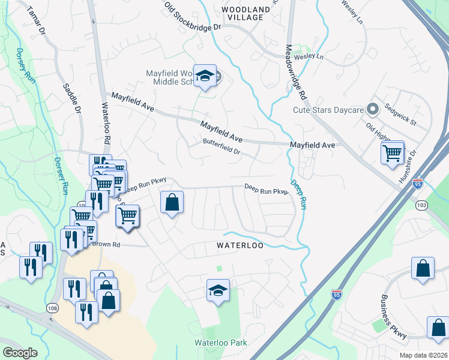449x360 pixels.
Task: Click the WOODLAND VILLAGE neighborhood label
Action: point(246,14)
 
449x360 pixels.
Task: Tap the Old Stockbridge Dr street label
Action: point(193,17)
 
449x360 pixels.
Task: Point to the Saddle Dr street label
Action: point(71,97)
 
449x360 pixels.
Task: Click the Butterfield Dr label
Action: point(221,147)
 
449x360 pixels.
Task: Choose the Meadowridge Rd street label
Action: point(296,73)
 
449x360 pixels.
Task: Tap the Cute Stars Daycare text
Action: point(328,110)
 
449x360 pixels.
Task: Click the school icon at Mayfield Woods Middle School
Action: point(205,76)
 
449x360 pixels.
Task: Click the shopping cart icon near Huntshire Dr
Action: point(392,152)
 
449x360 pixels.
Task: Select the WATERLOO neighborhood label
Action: point(240,246)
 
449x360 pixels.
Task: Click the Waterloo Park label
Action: point(220,343)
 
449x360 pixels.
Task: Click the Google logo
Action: point(20,352)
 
